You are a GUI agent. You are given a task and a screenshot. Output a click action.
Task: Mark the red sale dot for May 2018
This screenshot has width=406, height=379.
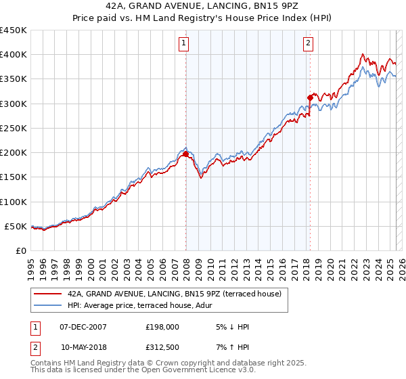click(310, 97)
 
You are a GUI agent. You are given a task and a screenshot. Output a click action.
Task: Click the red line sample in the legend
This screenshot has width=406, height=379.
click(47, 293)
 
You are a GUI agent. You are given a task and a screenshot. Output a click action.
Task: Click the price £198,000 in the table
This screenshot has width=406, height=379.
click(162, 327)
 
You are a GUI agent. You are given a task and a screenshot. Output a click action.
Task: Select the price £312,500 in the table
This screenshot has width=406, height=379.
click(162, 347)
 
